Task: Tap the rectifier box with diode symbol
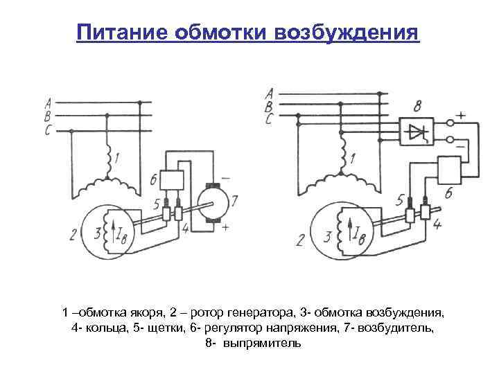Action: [x=415, y=130]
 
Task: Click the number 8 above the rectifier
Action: [x=417, y=107]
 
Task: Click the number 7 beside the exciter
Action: [x=234, y=201]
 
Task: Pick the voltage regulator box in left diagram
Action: [x=171, y=179]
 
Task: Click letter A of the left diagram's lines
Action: [x=47, y=101]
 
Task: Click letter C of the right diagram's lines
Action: [x=268, y=120]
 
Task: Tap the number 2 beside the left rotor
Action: [x=73, y=236]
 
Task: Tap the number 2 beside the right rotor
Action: [x=299, y=240]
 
